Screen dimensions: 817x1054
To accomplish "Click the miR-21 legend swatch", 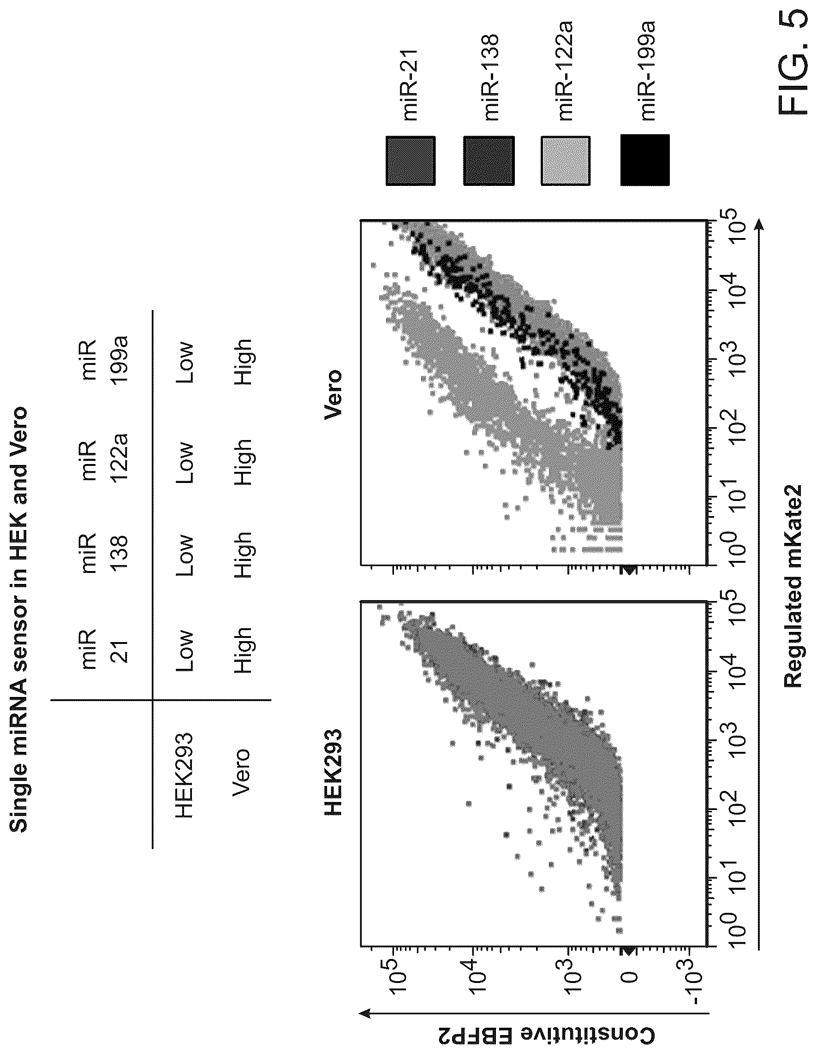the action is pos(411,161).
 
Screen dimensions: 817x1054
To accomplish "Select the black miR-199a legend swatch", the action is pos(645,160).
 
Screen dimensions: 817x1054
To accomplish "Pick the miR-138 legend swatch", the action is pos(489,161).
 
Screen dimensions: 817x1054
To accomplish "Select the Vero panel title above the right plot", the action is pos(333,395).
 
